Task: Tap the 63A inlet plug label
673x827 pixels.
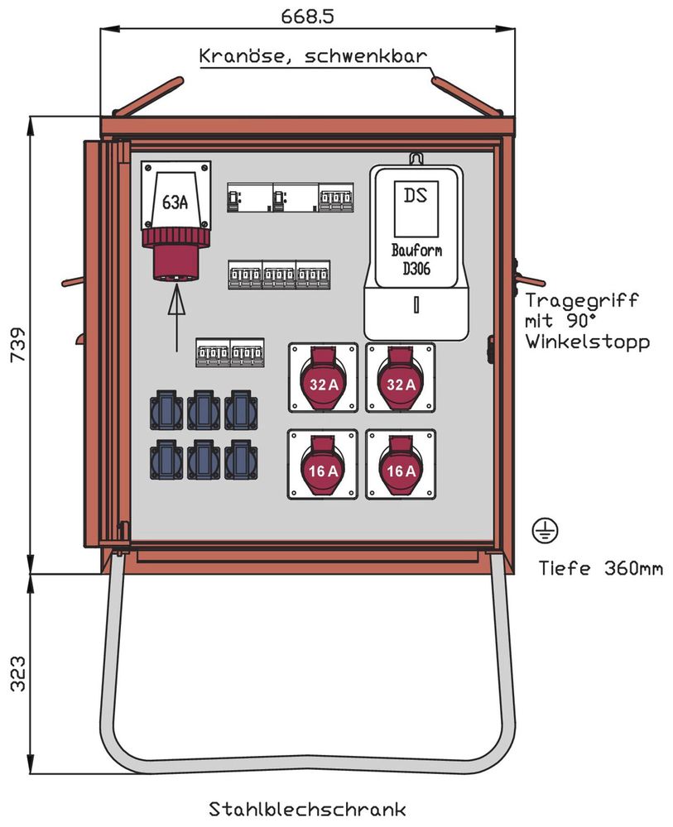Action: tap(175, 203)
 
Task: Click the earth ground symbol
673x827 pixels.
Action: tap(546, 531)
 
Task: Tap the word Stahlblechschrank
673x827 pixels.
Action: tap(306, 808)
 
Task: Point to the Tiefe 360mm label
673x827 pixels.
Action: tap(600, 569)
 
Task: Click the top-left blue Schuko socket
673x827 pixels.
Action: tap(166, 409)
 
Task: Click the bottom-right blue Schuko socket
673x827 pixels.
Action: tap(241, 459)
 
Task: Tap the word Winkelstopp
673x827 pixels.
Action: tap(586, 342)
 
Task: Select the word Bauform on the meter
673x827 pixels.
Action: tap(416, 250)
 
